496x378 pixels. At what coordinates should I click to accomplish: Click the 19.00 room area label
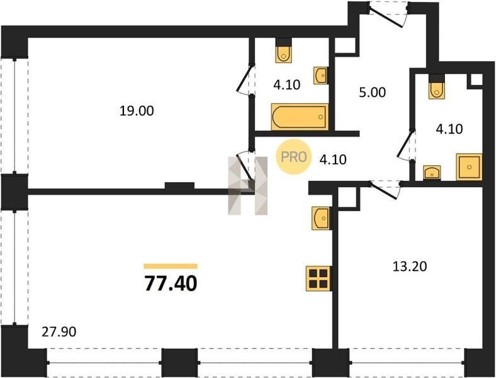[x=137, y=111]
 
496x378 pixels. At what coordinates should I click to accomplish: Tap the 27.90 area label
[x=59, y=332]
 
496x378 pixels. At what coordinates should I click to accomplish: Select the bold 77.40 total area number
[x=171, y=283]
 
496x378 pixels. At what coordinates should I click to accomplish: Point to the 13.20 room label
[x=410, y=266]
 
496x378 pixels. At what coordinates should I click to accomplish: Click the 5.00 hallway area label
[x=373, y=93]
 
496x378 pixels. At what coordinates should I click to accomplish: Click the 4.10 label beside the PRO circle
[x=333, y=159]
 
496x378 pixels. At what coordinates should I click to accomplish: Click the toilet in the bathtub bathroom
[x=283, y=54]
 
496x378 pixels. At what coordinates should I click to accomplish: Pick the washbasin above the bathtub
[x=321, y=76]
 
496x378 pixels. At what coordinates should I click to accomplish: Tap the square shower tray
[x=469, y=167]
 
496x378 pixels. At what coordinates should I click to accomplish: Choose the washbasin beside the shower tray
[x=432, y=173]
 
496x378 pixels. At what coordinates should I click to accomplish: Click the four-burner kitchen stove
[x=318, y=278]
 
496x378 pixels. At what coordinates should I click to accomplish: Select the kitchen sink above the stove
[x=322, y=217]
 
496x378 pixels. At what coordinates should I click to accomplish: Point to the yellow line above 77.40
[x=171, y=266]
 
